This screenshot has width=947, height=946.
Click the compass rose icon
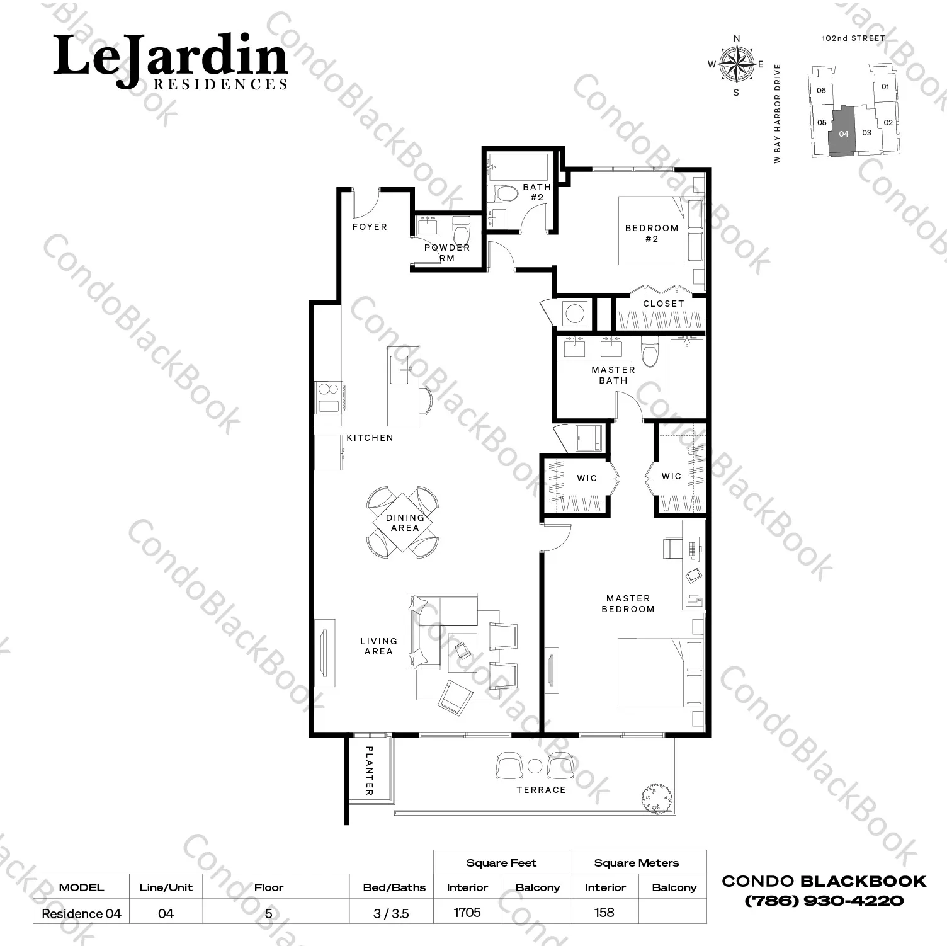737,64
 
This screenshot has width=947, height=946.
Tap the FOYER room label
370,227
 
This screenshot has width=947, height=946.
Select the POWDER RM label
447,253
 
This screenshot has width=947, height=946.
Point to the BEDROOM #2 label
652,233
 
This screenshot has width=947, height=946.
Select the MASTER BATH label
613,375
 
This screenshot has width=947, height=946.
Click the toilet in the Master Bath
649,351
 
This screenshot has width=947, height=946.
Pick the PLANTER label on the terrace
370,770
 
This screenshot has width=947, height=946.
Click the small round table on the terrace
535,766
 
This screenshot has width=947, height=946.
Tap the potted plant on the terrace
655,798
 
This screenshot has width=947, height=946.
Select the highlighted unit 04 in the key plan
843,132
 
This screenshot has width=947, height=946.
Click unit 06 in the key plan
821,90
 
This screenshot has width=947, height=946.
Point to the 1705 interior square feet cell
467,912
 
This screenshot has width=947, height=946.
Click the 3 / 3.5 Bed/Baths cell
391,913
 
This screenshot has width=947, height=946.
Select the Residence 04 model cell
81,913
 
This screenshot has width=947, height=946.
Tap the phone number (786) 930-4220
824,901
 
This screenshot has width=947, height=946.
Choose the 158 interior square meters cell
604,912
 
